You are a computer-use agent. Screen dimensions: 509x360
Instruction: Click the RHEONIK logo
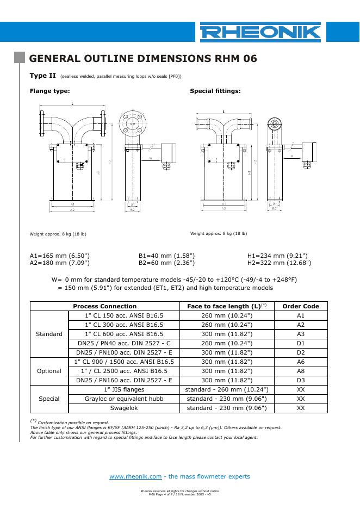point(260,33)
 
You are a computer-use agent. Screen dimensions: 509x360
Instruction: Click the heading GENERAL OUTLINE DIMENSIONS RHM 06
point(142,59)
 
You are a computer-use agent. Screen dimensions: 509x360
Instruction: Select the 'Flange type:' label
point(49,91)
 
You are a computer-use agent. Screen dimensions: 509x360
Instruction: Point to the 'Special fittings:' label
point(215,91)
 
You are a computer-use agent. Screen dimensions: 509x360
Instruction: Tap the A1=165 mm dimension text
point(59,255)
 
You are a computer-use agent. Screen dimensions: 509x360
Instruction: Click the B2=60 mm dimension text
point(166,263)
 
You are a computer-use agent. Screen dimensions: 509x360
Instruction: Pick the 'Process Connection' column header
point(105,306)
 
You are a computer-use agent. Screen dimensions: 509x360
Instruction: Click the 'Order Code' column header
point(301,306)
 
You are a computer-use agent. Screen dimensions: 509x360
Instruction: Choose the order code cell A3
point(301,334)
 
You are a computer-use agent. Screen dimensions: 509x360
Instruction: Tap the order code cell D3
point(301,380)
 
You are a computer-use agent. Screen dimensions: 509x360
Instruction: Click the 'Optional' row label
point(49,371)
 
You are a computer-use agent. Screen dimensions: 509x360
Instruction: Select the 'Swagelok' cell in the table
point(124,408)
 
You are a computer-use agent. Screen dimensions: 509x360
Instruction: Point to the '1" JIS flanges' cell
point(124,389)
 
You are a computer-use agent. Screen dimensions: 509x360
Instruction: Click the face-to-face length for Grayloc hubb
point(227,399)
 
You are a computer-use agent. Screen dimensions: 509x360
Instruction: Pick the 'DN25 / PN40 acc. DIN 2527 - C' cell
point(124,343)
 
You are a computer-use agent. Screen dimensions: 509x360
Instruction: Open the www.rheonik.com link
point(136,476)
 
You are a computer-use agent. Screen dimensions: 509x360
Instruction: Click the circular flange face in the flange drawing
point(132,124)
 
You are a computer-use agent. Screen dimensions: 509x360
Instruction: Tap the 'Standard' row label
point(49,334)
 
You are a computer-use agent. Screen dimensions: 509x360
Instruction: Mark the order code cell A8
point(301,371)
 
